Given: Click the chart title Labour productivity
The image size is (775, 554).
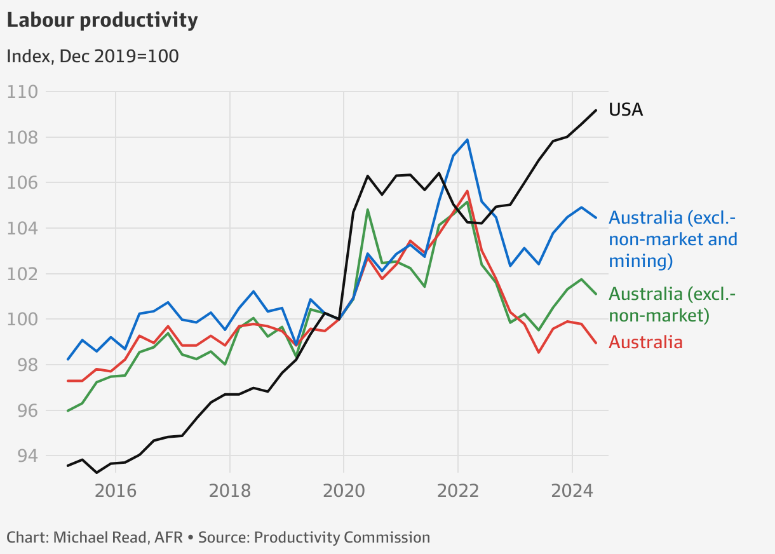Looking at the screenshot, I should [102, 20].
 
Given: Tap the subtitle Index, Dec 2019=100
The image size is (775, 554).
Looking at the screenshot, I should [92, 56].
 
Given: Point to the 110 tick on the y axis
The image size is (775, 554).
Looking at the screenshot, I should [22, 92].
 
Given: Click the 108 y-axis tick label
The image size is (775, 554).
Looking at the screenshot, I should [22, 137].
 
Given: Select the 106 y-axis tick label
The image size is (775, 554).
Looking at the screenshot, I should [22, 183].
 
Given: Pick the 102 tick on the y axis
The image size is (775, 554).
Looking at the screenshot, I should [22, 274].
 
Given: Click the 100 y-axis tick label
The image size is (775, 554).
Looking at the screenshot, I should [22, 320].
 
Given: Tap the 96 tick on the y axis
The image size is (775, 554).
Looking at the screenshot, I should [22, 410].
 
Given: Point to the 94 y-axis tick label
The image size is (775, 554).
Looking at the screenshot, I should [22, 456].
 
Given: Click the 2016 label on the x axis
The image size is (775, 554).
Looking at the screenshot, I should [115, 490].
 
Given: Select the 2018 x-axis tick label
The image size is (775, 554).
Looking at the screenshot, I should [229, 490].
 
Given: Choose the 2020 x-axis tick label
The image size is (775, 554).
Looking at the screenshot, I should [344, 490].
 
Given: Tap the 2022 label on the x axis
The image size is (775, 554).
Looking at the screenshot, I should [458, 490].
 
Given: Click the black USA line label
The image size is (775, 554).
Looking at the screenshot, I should [626, 110].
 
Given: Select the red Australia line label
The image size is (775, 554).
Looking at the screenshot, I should [645, 342].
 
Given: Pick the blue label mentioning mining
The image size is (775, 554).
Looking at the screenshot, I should [673, 239].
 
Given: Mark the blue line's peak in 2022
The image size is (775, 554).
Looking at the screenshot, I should [468, 140].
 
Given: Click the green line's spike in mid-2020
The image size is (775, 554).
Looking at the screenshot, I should [368, 210].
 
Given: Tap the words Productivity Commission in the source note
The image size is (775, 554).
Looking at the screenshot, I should [342, 537].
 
